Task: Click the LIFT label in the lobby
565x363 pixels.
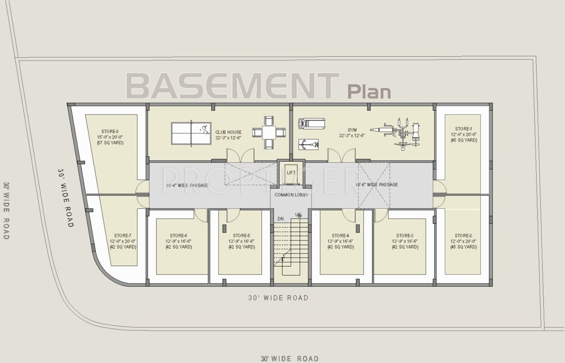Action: [x=291, y=173]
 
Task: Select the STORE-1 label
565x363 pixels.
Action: [x=463, y=129]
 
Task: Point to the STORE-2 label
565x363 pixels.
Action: [x=463, y=235]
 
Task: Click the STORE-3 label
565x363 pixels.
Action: [x=405, y=235]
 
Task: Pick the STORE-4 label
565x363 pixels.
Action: [x=340, y=235]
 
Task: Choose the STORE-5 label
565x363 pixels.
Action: [x=241, y=235]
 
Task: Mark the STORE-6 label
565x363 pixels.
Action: [x=178, y=235]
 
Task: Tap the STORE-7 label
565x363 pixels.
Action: [x=122, y=235]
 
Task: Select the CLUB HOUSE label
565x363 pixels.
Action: [x=228, y=132]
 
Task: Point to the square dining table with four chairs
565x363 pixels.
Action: [x=269, y=132]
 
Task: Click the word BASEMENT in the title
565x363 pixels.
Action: [x=233, y=86]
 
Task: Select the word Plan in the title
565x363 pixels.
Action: [x=369, y=91]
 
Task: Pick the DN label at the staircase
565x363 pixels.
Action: [x=280, y=219]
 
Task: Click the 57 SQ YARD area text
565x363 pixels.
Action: [x=110, y=142]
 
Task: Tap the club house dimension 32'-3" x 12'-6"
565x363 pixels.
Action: [x=229, y=138]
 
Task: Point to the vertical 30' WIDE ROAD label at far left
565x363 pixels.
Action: [x=6, y=210]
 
